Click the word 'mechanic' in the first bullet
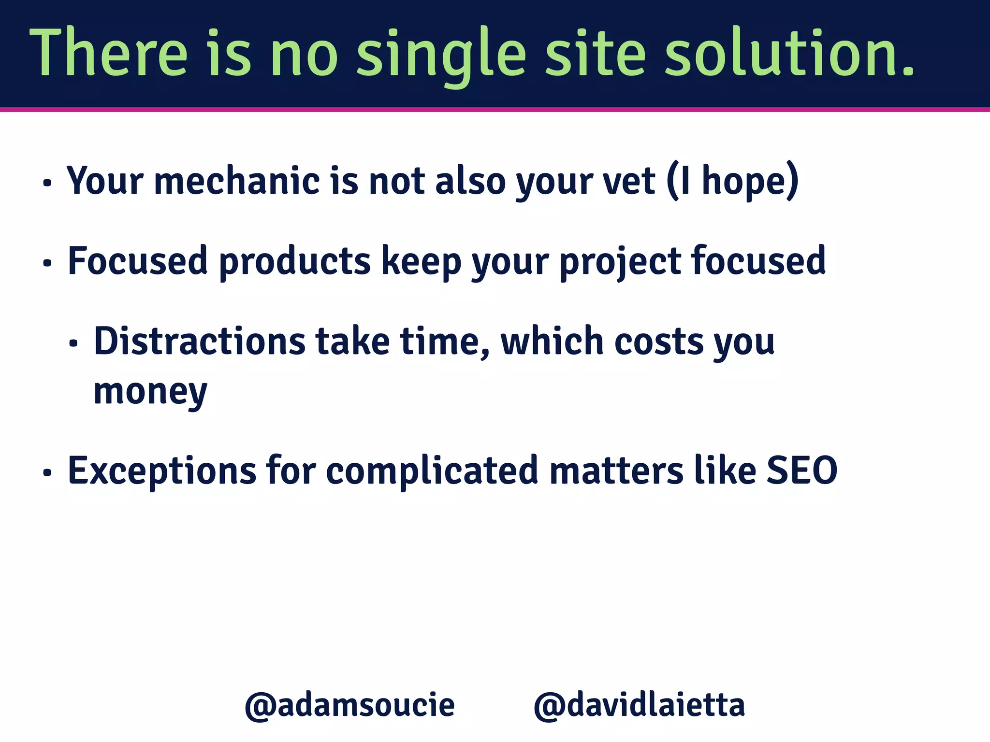[237, 181]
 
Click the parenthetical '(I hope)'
[732, 181]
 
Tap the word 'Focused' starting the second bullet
[138, 261]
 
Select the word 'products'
[295, 261]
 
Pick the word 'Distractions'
[199, 342]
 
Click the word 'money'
[150, 392]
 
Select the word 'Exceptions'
[162, 471]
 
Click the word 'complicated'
[432, 471]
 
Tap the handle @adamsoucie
[349, 705]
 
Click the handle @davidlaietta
[639, 705]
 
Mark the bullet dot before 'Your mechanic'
[47, 184]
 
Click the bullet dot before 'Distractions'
[73, 344]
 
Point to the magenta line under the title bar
[495, 110]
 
